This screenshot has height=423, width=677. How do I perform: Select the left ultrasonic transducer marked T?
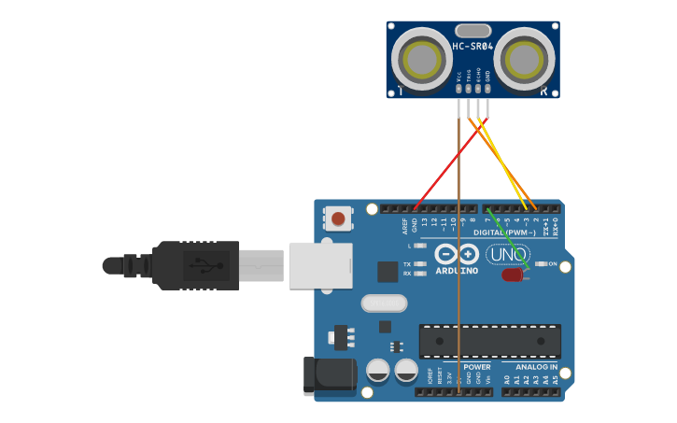click(421, 60)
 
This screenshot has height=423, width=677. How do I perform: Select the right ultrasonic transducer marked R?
click(524, 60)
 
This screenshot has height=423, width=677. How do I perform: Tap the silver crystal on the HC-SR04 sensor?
click(472, 31)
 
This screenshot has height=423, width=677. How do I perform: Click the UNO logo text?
click(507, 254)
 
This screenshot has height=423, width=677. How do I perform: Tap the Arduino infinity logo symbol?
click(457, 254)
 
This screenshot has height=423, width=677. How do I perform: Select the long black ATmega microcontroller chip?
click(489, 341)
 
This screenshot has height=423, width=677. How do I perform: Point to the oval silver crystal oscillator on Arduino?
click(384, 303)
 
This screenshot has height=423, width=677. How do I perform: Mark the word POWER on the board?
click(476, 367)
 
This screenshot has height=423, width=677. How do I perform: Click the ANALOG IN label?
click(535, 367)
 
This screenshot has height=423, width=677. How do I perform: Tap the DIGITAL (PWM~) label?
click(504, 233)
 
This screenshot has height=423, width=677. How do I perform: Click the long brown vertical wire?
click(458, 280)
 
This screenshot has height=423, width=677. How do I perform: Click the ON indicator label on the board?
click(552, 264)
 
